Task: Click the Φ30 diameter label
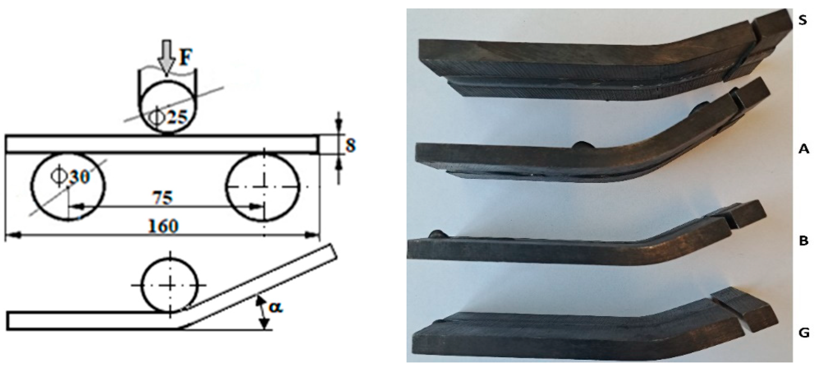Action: (70, 176)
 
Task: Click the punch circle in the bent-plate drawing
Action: (170, 285)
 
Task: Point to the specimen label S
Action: (802, 21)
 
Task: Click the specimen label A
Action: (803, 148)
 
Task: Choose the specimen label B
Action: (803, 241)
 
